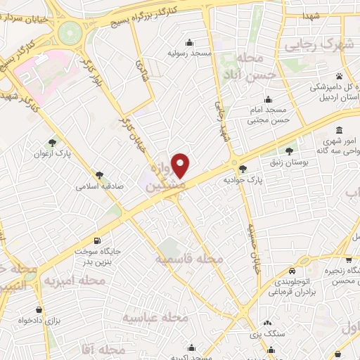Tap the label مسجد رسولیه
coord(189,53)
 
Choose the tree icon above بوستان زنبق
coord(290,150)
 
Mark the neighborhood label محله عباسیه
coord(157,318)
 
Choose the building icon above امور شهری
coord(340,131)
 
